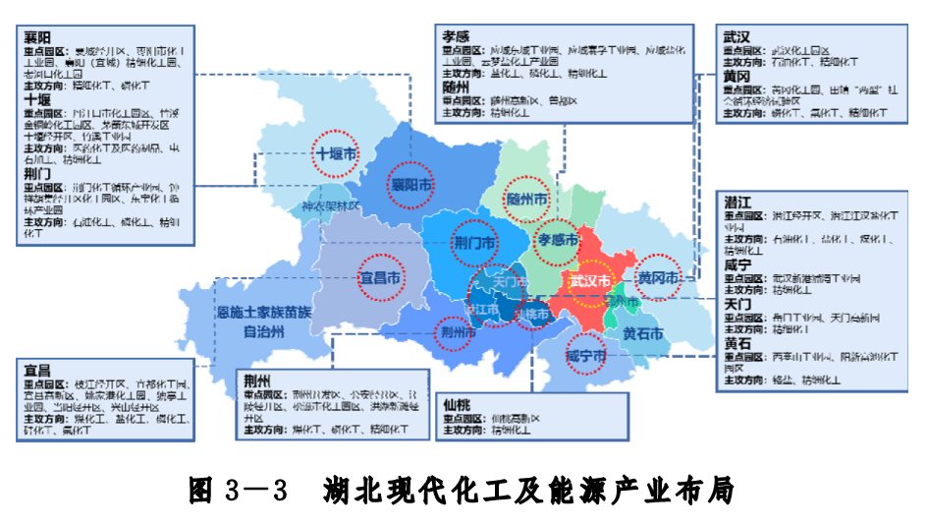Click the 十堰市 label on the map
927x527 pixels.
335,154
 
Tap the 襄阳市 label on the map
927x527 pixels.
410,185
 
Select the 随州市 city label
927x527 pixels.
526,198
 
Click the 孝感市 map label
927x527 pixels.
559,239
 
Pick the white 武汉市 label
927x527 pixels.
591,280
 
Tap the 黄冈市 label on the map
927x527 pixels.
657,279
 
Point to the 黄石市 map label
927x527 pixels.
643,332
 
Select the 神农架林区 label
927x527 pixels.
331,208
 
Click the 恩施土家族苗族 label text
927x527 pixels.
264,313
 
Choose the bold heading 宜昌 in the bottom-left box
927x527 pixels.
36,370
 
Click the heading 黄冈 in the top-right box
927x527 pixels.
736,77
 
